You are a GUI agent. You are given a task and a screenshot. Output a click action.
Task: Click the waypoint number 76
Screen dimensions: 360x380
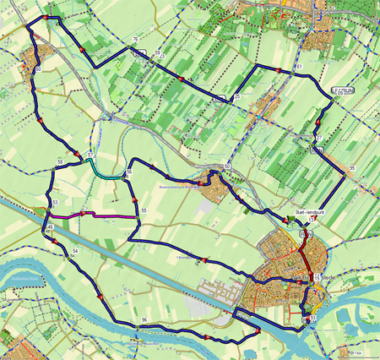click(x=136, y=40)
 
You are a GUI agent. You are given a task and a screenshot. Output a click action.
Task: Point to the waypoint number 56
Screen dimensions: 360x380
click(x=129, y=172)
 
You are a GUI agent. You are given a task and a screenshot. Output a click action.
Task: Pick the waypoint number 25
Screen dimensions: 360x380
click(x=237, y=98)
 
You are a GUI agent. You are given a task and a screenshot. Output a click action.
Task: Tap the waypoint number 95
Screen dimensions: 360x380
click(x=351, y=169)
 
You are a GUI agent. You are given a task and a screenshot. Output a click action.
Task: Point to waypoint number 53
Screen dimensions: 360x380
click(x=53, y=204)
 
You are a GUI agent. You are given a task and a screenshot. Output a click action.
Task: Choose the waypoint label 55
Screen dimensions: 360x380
click(x=144, y=210)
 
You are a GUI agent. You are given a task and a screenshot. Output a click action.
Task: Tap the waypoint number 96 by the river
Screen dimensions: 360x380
click(x=144, y=319)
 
